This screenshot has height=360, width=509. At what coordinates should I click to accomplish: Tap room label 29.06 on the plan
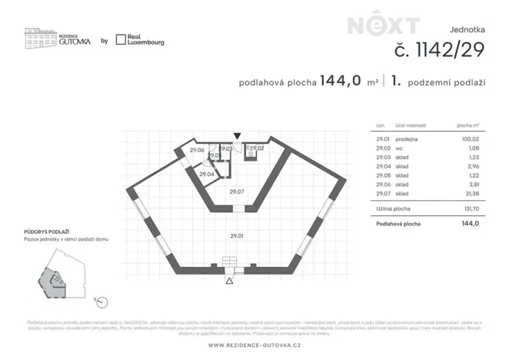pyautogui.click(x=197, y=150)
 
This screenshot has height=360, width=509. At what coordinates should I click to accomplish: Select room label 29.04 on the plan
pyautogui.click(x=206, y=175)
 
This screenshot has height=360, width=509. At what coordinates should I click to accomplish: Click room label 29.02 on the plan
pyautogui.click(x=257, y=148)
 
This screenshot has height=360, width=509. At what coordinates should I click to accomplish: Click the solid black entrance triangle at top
pyautogui.click(x=238, y=136)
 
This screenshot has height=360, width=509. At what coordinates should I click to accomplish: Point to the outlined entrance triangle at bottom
pyautogui.click(x=228, y=281)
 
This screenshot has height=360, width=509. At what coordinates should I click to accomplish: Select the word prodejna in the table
pyautogui.click(x=407, y=138)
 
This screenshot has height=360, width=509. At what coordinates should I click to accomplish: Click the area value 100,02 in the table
pyautogui.click(x=470, y=138)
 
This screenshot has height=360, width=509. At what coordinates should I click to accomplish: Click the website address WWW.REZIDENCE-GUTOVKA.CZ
pyautogui.click(x=254, y=344)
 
